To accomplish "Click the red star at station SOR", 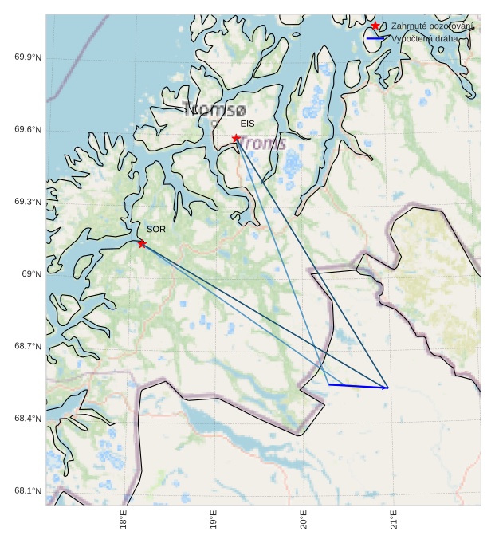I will tap(142, 243).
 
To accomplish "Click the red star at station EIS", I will tap(236, 138).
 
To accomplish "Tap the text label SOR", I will tap(156, 229).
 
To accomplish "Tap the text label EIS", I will tap(247, 124).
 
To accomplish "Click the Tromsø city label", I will tap(214, 110).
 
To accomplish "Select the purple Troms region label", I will tap(263, 144).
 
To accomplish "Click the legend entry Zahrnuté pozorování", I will tap(432, 26).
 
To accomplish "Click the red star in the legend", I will tap(375, 26).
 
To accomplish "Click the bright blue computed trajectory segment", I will tap(358, 386).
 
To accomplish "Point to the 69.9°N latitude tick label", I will tap(29, 57).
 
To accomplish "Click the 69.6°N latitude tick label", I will tap(29, 130).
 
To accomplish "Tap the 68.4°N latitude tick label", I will tap(29, 419).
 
